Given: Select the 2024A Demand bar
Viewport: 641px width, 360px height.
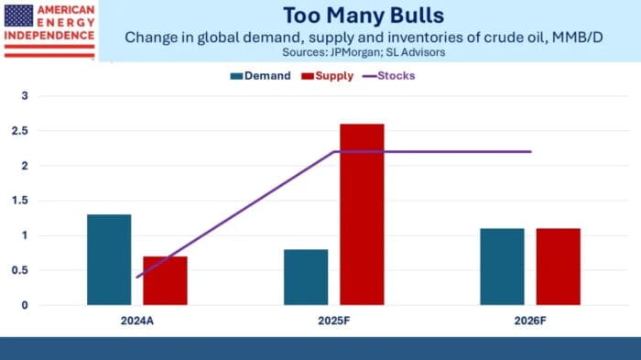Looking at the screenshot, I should click(109, 259).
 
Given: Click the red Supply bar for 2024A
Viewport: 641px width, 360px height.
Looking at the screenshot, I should click(165, 280).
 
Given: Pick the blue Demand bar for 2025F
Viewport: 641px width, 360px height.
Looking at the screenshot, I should click(306, 277).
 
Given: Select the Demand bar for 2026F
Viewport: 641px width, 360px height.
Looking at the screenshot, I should click(502, 267).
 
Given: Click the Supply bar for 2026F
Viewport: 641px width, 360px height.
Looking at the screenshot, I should click(558, 267).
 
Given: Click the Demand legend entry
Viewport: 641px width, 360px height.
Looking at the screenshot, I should click(260, 76).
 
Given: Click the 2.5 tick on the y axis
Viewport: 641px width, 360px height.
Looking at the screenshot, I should click(27, 131).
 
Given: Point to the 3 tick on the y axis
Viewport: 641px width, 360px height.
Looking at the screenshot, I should click(27, 96).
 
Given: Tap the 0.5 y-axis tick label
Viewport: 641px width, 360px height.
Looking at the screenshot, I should click(27, 270).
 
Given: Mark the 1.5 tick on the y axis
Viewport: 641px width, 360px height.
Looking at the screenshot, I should click(27, 201).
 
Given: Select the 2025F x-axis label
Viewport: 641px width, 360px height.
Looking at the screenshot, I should click(333, 322).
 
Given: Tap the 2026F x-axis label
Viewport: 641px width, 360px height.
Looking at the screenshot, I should click(530, 322).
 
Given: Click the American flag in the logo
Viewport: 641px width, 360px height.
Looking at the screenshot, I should click(17, 14).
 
